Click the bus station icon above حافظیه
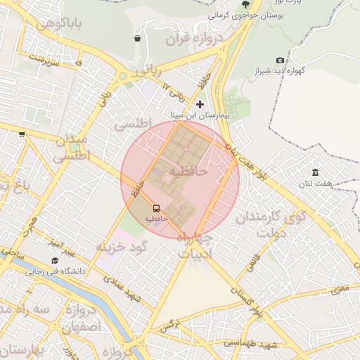156,208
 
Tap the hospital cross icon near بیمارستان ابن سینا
200,104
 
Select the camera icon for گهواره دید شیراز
281,60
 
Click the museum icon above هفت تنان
314,172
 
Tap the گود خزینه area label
120,247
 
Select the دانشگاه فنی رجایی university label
56,271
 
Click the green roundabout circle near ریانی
122,76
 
